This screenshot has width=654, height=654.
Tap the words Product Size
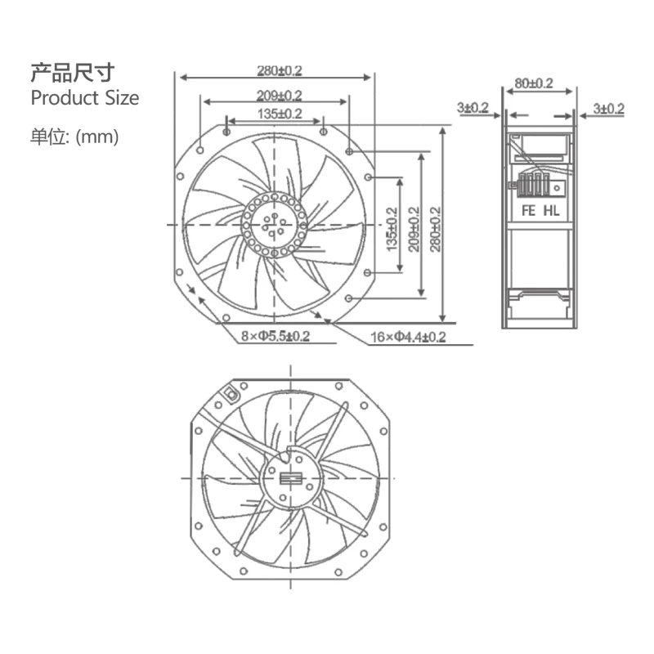click(x=84, y=98)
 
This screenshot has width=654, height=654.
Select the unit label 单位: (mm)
click(x=74, y=137)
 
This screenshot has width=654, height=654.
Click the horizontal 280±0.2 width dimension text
click(x=275, y=71)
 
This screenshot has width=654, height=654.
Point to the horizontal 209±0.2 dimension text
click(x=275, y=96)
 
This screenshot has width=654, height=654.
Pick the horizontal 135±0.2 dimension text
click(x=275, y=114)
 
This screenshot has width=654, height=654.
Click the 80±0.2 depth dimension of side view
click(x=535, y=83)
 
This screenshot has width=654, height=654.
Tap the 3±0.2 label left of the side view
click(x=473, y=108)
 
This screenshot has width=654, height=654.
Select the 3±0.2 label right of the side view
click(x=608, y=108)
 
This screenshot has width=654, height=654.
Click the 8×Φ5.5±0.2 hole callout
click(x=275, y=337)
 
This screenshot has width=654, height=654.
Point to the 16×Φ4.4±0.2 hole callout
click(x=408, y=337)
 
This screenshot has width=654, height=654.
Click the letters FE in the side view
click(x=528, y=210)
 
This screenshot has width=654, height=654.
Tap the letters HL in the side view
click(x=553, y=210)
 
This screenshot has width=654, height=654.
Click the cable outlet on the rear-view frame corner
click(x=231, y=393)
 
